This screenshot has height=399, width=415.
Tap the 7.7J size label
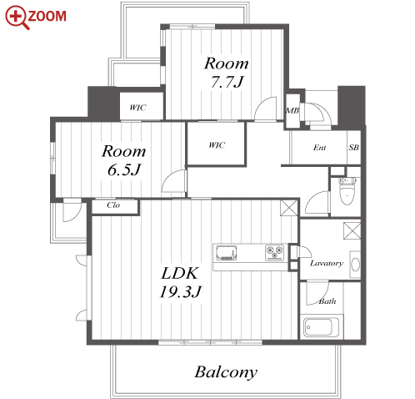(x=227, y=82)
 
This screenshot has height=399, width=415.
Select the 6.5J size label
(x=124, y=169)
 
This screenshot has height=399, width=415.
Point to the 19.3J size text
(x=181, y=292)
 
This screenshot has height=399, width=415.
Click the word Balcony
(x=226, y=372)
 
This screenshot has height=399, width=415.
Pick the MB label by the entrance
(x=292, y=111)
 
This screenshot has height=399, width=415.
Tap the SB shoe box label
(x=353, y=147)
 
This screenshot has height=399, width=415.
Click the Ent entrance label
(x=319, y=148)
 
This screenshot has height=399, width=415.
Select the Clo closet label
(x=113, y=205)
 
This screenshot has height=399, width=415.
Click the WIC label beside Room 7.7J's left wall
(x=137, y=108)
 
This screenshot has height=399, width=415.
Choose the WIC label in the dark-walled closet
(x=217, y=145)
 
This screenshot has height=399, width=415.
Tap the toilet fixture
(x=347, y=190)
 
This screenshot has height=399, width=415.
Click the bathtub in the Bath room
(x=321, y=326)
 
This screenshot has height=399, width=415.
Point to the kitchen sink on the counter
(x=227, y=253)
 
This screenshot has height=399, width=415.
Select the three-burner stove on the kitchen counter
(x=274, y=252)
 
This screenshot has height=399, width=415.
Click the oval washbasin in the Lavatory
(x=355, y=265)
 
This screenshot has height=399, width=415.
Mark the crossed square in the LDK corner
(x=288, y=208)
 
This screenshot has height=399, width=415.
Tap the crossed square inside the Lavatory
(x=352, y=230)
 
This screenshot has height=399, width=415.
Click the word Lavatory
(x=327, y=263)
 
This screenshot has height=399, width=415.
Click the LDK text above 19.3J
(x=180, y=273)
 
